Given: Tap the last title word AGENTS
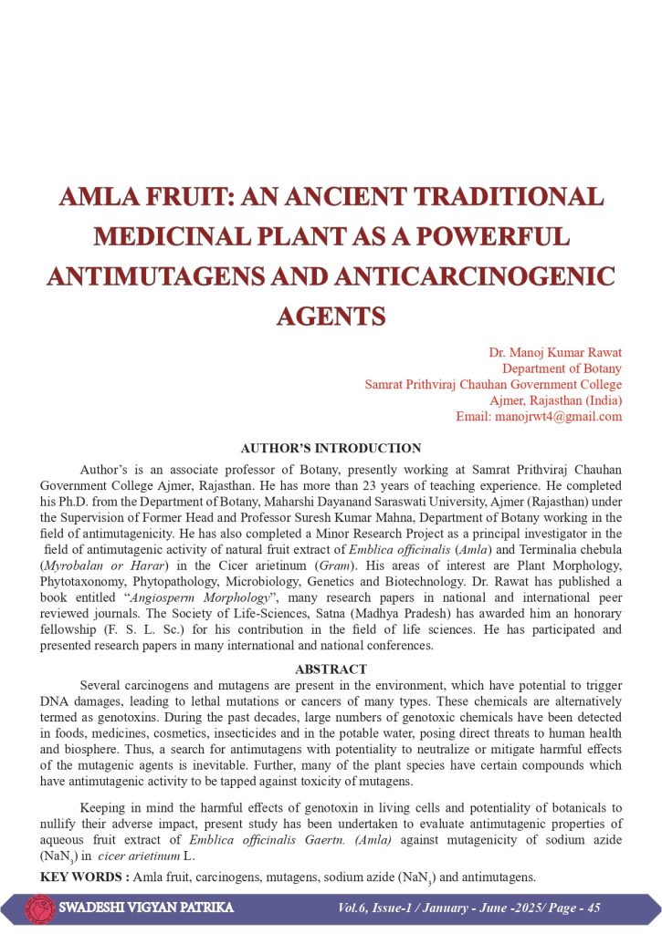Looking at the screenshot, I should (331, 316).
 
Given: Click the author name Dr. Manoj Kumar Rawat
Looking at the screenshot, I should (556, 352).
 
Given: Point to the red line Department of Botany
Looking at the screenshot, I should (562, 368).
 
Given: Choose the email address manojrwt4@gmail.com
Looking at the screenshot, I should (539, 416).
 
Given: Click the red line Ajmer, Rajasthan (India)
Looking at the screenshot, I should (556, 400).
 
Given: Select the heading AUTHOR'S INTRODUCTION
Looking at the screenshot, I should (331, 448).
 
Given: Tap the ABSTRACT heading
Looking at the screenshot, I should (331, 669).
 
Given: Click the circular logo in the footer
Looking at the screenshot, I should (40, 908).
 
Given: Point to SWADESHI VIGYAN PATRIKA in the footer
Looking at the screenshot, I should (146, 908).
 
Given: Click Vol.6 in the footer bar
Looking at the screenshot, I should (353, 908).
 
